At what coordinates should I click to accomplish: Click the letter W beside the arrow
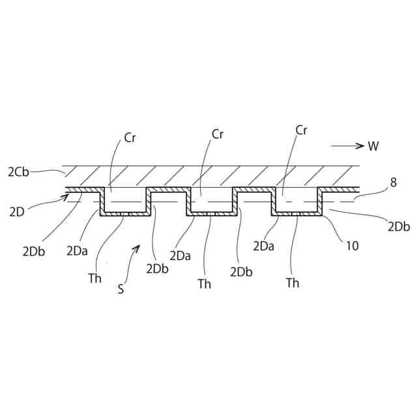click(x=373, y=146)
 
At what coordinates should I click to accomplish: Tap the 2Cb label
click(x=18, y=172)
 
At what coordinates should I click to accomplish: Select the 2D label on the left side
click(x=17, y=210)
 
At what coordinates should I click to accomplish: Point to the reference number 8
click(x=393, y=183)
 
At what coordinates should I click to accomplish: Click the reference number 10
click(x=352, y=246)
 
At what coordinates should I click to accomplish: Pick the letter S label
click(x=121, y=289)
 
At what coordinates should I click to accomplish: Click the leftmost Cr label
click(x=130, y=138)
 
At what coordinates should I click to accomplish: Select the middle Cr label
click(x=218, y=134)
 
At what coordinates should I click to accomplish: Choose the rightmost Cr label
click(x=301, y=130)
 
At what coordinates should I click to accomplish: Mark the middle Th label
click(x=205, y=283)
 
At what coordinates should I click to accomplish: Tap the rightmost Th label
click(x=293, y=283)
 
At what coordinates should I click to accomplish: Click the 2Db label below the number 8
click(x=398, y=227)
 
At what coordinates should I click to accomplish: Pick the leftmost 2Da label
click(x=78, y=251)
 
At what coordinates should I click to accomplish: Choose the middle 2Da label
click(x=180, y=255)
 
